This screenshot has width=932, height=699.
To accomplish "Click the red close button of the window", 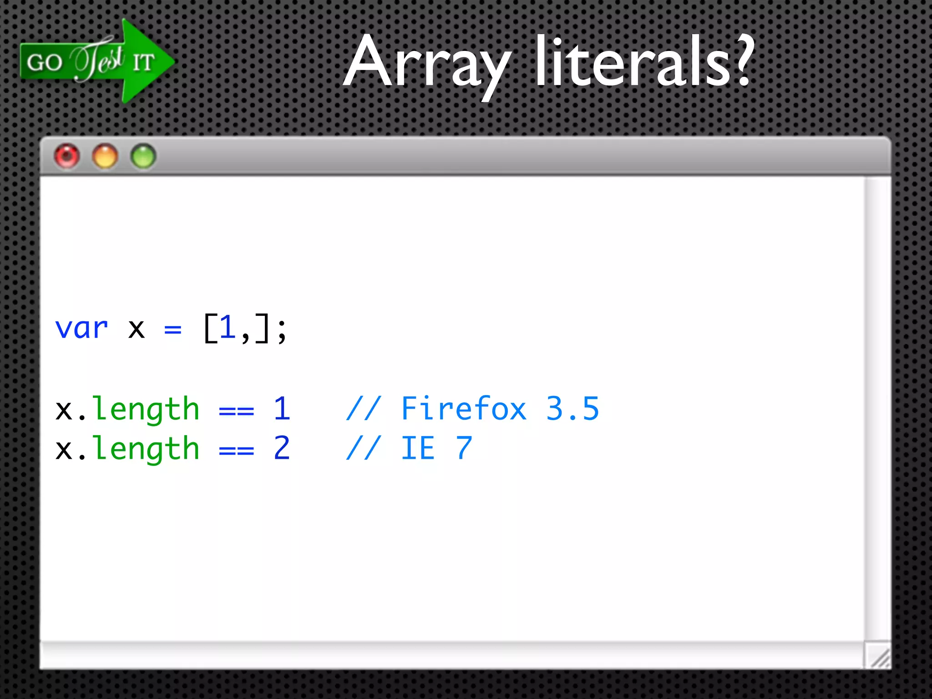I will [67, 157].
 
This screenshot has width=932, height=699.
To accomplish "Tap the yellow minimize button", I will [105, 157].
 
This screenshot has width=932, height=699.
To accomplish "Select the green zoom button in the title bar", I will [143, 157].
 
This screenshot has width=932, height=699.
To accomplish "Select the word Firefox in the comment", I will [464, 408].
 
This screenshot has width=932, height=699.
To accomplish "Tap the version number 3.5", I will [572, 408].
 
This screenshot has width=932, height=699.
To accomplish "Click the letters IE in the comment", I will [418, 448].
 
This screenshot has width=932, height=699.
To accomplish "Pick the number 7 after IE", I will [464, 448].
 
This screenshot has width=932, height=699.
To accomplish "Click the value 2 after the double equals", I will [282, 448].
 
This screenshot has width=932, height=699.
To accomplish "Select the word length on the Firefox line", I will [146, 409].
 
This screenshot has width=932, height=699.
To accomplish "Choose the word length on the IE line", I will [146, 449].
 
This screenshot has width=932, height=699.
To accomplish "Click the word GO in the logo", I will [44, 62].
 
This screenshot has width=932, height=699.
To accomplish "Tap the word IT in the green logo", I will [144, 62].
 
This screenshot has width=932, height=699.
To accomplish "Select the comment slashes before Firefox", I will [363, 408].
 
